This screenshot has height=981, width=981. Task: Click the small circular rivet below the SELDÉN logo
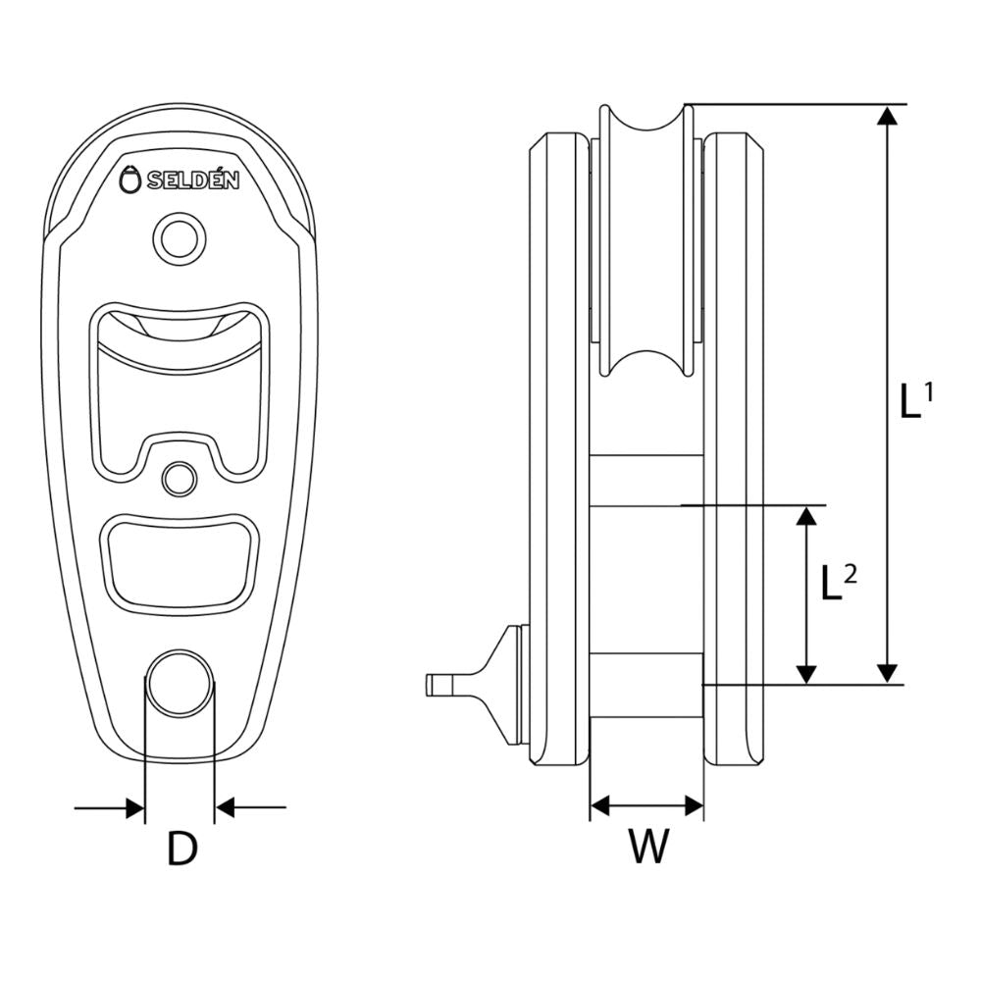[179, 237]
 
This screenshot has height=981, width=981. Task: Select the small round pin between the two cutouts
[179, 478]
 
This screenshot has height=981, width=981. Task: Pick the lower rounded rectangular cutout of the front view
[179, 560]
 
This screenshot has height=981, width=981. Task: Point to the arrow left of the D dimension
[109, 808]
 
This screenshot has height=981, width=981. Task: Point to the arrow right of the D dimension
[251, 808]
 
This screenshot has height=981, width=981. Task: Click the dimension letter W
[647, 848]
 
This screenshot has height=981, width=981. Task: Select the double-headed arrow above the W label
[646, 806]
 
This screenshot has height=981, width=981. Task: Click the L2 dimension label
[838, 583]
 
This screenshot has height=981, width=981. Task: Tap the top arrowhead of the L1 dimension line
[887, 115]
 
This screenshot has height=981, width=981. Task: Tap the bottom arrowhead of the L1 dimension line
[887, 672]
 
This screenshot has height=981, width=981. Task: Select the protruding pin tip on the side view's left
[439, 685]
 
